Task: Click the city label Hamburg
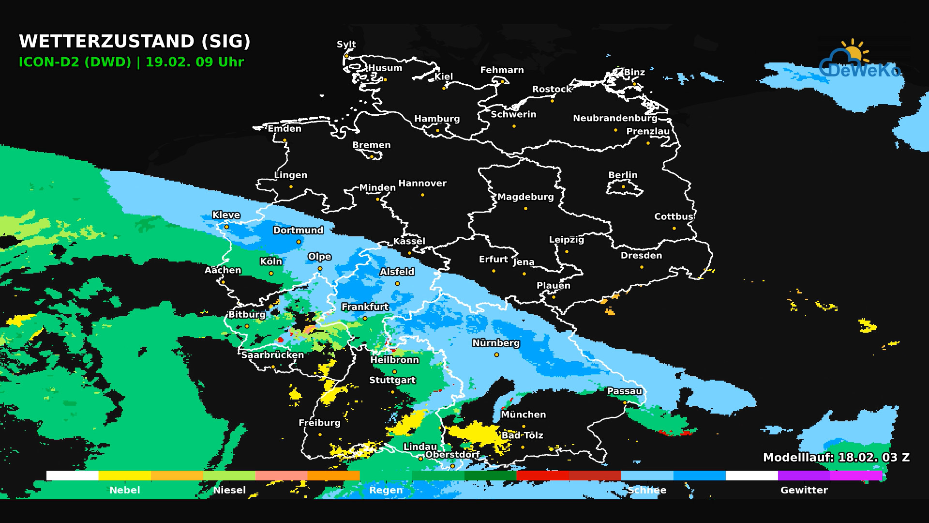(437, 119)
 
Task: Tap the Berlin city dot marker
(623, 186)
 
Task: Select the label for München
(523, 415)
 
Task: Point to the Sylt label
(346, 44)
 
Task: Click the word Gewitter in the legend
(804, 490)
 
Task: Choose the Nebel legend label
(124, 490)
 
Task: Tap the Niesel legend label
(229, 490)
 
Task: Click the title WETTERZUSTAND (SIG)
(135, 41)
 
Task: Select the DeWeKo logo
(860, 61)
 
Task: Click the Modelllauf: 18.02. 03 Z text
(836, 457)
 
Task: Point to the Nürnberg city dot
(496, 355)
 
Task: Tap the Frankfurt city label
(365, 307)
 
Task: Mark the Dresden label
(641, 255)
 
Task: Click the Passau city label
(624, 391)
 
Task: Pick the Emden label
(285, 128)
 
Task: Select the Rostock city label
(552, 89)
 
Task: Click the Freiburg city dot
(320, 434)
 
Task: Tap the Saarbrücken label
(272, 355)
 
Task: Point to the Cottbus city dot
(674, 228)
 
